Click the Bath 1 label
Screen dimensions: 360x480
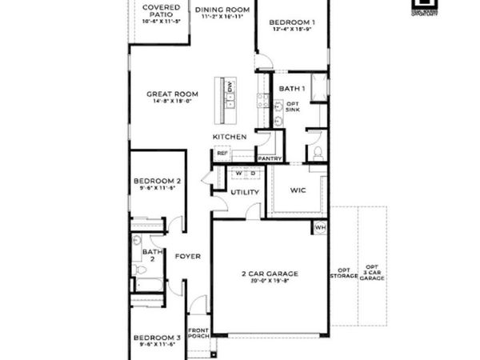pyautogui.click(x=290, y=88)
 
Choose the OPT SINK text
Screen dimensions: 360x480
pyautogui.click(x=292, y=106)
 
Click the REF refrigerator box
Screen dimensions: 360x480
pyautogui.click(x=222, y=153)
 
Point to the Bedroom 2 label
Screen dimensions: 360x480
pyautogui.click(x=158, y=181)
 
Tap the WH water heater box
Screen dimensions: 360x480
pyautogui.click(x=320, y=227)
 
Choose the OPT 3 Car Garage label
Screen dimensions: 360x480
pyautogui.click(x=371, y=272)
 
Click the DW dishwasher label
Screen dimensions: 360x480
pyautogui.click(x=229, y=85)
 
